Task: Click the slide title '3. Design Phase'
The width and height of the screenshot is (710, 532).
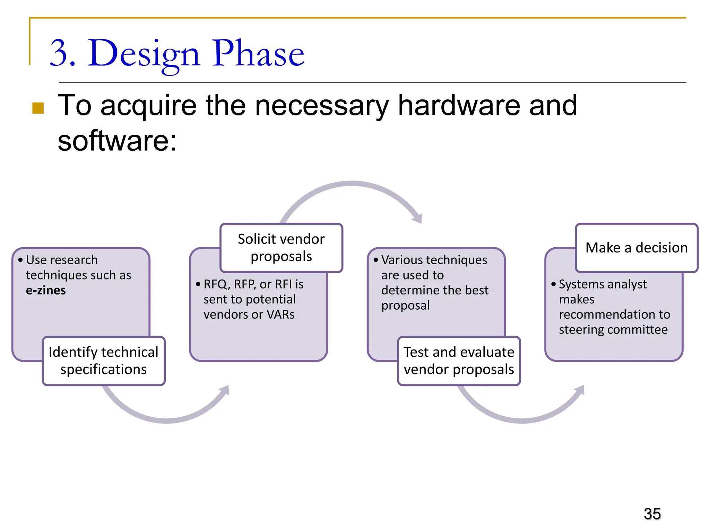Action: coord(177,54)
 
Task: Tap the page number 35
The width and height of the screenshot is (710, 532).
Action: coord(652,514)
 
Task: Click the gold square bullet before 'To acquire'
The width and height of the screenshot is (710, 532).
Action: coord(38,108)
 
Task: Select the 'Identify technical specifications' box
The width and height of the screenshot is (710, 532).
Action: coord(103,361)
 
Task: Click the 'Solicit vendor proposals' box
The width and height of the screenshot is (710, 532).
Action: coord(281,248)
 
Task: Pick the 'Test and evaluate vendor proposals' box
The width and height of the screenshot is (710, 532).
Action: coord(459,361)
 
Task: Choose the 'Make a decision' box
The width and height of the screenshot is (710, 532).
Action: coord(637,248)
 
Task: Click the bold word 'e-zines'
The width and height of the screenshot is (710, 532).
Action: coord(46,290)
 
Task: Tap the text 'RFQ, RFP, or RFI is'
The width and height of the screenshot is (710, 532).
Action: coord(253,284)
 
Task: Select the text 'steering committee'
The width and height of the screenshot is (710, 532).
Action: coord(613,329)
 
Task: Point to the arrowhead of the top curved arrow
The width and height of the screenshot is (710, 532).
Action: coord(418,219)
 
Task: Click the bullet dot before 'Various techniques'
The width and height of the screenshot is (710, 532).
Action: coord(376,259)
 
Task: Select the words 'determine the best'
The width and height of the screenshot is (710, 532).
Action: coord(434,290)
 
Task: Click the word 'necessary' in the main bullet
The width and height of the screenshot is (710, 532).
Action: coord(322,105)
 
